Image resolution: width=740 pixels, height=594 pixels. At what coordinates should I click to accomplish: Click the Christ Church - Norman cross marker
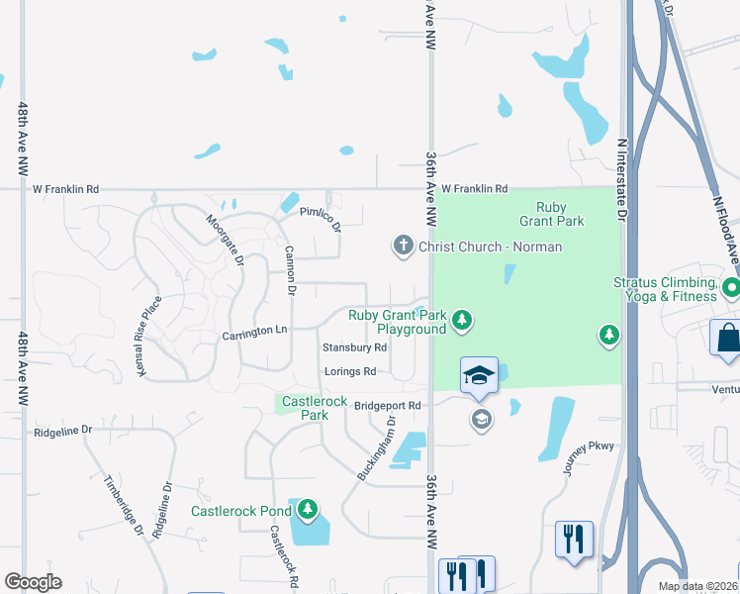tap(403, 246)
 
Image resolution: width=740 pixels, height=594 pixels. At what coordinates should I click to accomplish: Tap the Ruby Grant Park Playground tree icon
tap(461, 320)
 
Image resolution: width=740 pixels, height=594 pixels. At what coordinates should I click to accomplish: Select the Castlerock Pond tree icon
tap(308, 510)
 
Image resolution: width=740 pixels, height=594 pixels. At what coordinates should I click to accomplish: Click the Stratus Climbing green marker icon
tap(731, 288)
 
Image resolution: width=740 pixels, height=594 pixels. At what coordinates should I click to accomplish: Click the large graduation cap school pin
tap(479, 375)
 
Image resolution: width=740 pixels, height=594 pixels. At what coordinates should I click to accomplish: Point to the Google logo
tap(33, 582)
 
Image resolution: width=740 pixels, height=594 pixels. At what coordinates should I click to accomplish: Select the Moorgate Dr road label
tap(225, 242)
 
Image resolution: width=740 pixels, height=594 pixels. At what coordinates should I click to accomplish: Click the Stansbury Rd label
tap(354, 347)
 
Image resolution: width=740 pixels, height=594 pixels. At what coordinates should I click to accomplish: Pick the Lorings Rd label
tap(351, 371)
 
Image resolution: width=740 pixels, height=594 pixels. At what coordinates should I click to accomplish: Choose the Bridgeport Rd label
tap(388, 405)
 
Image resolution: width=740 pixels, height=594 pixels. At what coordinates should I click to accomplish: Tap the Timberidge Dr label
tap(124, 506)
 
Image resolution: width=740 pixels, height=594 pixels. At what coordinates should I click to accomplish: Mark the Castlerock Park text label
tap(305, 408)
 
